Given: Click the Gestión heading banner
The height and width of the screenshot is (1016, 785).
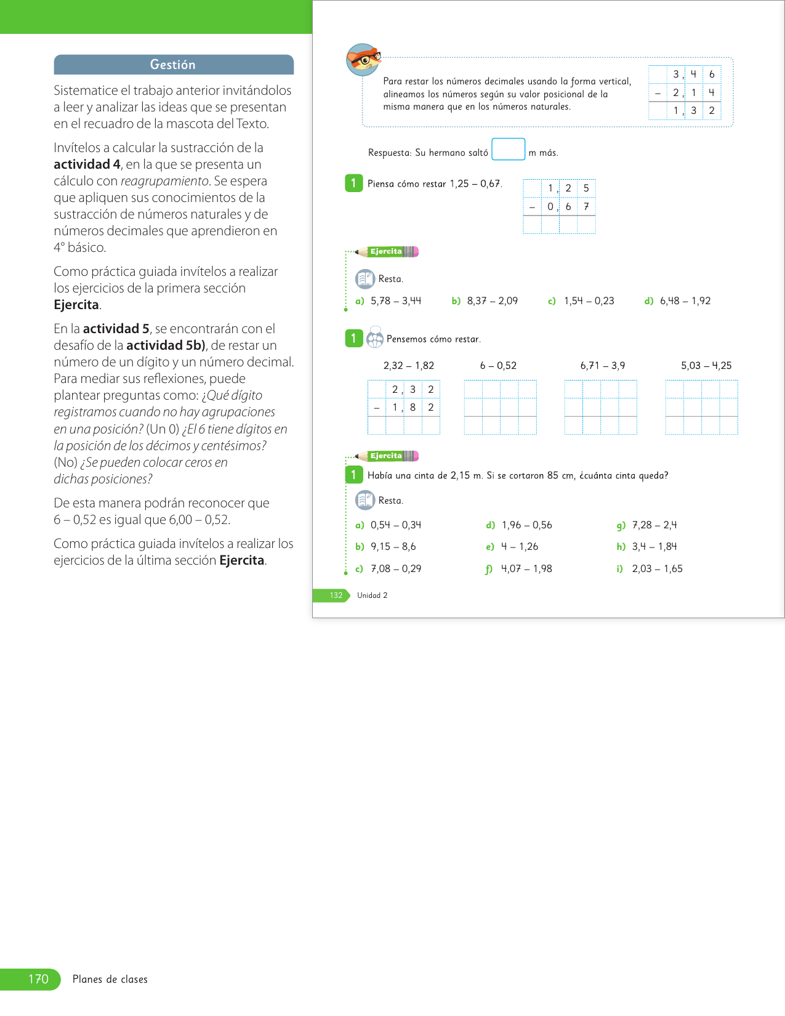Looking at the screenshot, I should click(x=173, y=65).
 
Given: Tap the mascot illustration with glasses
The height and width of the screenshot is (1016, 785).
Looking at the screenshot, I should click(x=363, y=60).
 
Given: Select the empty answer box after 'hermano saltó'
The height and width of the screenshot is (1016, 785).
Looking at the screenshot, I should click(x=508, y=150).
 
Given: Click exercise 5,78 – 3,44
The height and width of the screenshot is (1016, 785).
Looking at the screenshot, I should click(x=395, y=301).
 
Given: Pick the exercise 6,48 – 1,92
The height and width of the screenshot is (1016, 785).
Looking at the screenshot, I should click(x=685, y=301).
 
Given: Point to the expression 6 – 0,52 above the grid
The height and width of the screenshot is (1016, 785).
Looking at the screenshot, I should click(x=498, y=366).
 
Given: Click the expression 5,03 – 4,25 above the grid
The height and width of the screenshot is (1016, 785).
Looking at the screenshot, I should click(x=706, y=366).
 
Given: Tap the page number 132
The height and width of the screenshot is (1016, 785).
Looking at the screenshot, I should click(x=336, y=595).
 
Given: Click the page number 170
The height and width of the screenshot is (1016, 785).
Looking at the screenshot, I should click(x=38, y=979).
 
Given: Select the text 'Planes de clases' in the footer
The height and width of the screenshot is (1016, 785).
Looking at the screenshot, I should click(x=110, y=980).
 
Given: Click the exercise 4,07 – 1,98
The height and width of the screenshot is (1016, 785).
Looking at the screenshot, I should click(x=526, y=569).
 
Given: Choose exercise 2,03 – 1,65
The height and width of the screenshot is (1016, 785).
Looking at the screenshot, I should click(x=657, y=569).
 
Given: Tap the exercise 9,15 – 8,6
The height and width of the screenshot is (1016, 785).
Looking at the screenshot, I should click(x=393, y=547).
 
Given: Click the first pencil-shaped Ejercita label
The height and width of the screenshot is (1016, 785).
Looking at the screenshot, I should click(x=387, y=251).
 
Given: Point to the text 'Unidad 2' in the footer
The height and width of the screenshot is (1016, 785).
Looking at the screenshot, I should click(x=372, y=595).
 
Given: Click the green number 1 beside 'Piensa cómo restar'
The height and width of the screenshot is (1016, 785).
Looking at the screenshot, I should click(x=353, y=183).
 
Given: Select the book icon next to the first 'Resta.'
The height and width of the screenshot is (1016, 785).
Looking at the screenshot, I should click(x=365, y=279).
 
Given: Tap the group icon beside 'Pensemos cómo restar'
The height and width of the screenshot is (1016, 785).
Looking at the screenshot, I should click(x=374, y=339).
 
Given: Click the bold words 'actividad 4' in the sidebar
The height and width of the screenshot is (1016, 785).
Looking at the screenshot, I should click(x=87, y=164).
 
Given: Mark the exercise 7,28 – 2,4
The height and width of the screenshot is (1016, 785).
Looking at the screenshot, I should click(x=654, y=525).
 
